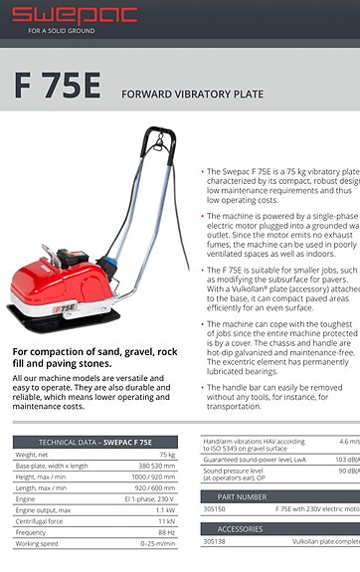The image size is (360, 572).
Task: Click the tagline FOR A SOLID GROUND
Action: coord(63,31)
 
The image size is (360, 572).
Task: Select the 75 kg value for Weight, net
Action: coord(167,455)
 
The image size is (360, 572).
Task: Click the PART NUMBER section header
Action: coord(242,495)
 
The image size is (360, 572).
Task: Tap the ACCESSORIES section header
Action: coord(241,529)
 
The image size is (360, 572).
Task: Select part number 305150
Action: coord(214,508)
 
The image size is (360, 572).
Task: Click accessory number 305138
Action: coord(214,542)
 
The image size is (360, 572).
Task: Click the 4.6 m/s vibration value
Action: coord(348,442)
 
